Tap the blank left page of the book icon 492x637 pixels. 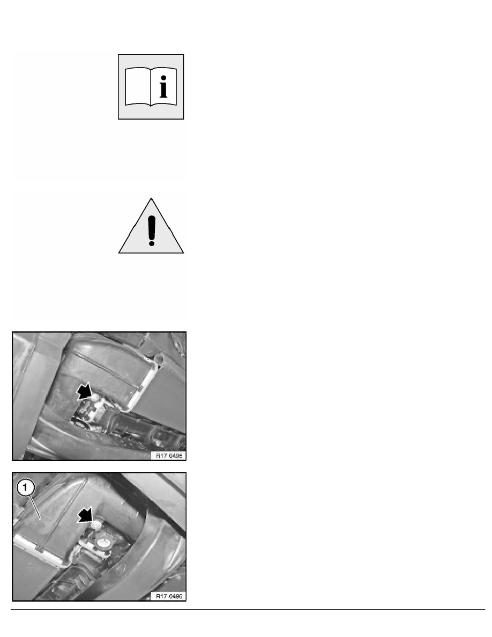tap(138, 86)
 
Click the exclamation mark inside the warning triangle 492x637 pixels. tap(152, 231)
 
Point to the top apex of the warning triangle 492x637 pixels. tap(151, 198)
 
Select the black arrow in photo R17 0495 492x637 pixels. tap(85, 392)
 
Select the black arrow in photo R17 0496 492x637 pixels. tap(86, 515)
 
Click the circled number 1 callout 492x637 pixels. tap(25, 487)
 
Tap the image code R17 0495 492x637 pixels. tap(169, 456)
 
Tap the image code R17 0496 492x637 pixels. tap(169, 596)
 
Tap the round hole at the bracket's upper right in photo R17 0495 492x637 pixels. tap(159, 359)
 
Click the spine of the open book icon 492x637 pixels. tap(151, 87)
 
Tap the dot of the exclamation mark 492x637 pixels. tap(152, 243)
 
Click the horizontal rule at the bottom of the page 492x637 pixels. tap(248, 609)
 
